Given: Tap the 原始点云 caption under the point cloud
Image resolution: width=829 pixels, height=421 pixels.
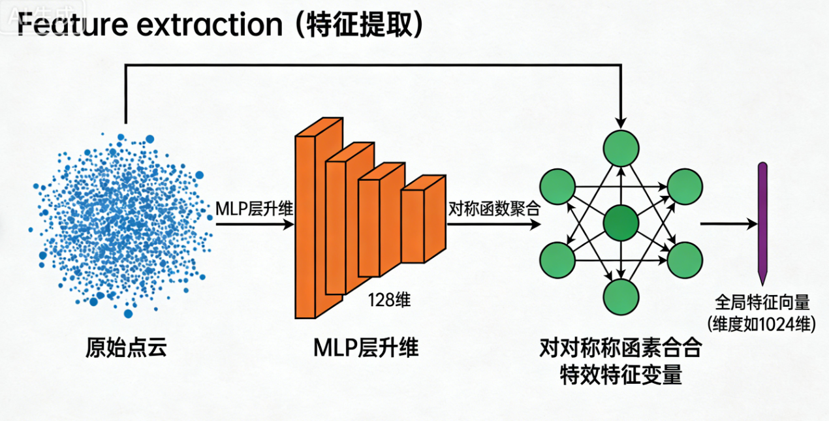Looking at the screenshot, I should point(126,347).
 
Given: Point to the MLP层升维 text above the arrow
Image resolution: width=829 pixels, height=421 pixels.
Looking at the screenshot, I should point(254,209).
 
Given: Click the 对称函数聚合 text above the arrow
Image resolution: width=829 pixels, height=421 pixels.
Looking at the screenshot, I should point(494,209).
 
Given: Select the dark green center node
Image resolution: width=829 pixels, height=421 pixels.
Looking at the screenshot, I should point(621,224).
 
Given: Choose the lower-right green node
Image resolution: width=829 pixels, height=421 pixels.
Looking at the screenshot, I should point(684,260).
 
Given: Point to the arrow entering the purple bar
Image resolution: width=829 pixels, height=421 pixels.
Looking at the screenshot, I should point(728,224).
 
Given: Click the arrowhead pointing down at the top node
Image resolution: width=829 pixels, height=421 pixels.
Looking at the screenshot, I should point(621,123).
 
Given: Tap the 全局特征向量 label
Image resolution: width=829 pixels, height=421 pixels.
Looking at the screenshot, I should point(762,303).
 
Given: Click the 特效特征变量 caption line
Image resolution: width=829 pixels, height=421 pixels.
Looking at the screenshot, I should point(621,375).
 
